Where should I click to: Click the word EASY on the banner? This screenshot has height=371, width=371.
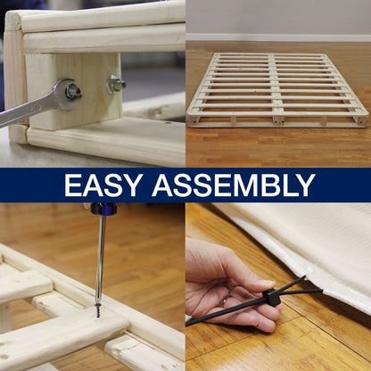(x=102, y=185)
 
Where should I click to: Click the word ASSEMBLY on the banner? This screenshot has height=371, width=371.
(x=234, y=185)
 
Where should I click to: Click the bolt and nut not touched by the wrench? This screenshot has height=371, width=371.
(x=116, y=84)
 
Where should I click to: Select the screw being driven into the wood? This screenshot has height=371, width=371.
(x=97, y=310)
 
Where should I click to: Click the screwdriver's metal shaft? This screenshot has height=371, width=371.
(x=101, y=259)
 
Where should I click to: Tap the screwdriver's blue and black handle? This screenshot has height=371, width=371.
(x=103, y=209)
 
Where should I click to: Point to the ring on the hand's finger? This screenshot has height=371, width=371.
(x=224, y=301)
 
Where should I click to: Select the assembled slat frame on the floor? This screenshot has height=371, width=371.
(x=277, y=90)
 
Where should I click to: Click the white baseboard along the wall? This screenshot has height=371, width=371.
(x=278, y=37)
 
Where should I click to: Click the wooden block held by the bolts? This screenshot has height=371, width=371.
(x=74, y=89)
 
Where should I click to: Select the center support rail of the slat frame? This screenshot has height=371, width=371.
(x=276, y=89)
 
